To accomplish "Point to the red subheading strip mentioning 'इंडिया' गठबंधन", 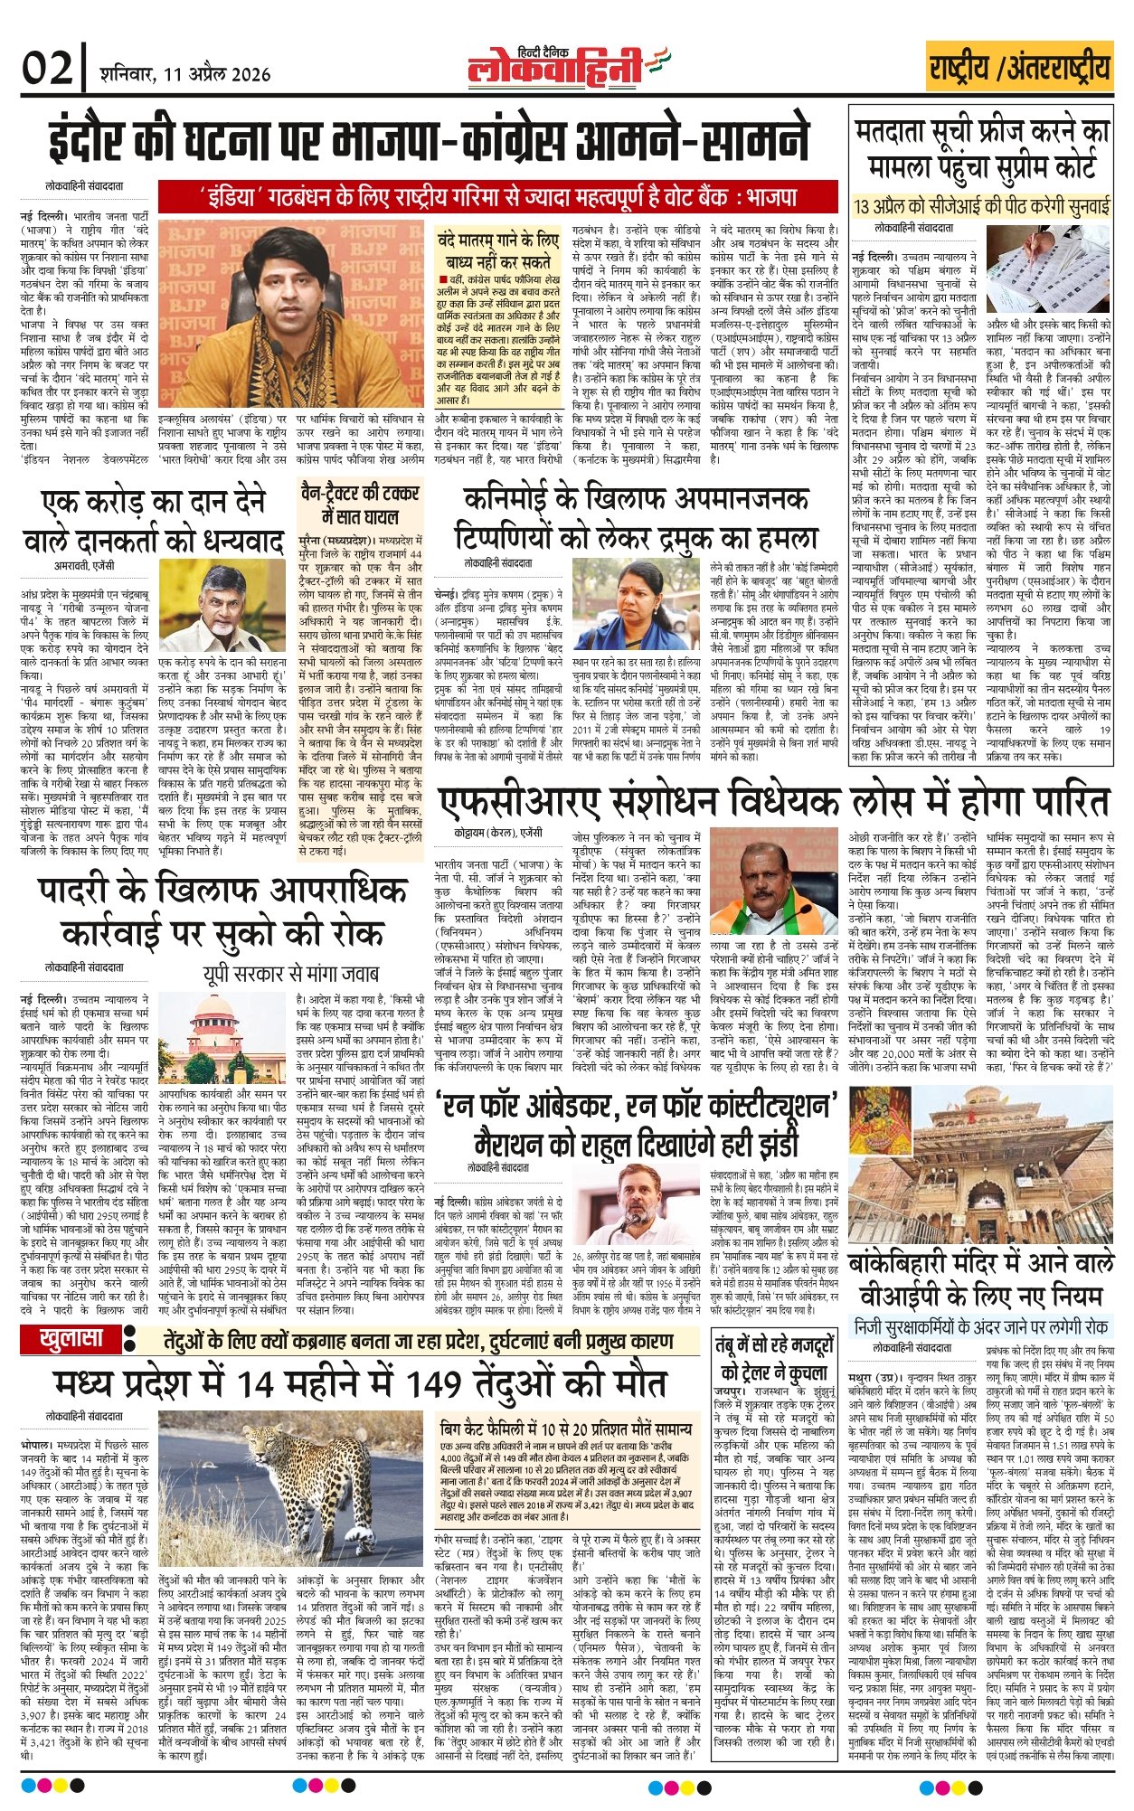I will point(497,195).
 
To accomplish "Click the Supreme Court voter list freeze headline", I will point(980,149).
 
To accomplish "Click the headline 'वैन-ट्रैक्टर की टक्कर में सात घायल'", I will point(359,504).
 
